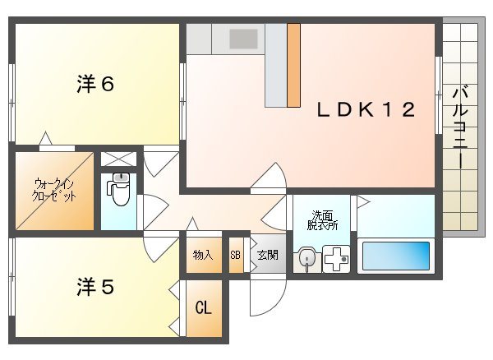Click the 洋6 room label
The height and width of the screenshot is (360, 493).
click(94, 84)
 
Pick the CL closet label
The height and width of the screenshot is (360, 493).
click(203, 308)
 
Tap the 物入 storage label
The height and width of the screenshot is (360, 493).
click(203, 255)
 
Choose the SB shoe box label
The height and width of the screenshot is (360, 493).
click(235, 255)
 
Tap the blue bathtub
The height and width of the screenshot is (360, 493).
click(397, 256)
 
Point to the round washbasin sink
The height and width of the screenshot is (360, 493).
click(307, 259)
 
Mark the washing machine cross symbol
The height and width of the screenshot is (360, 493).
click(336, 259)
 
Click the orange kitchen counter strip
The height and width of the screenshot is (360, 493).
click(293, 65)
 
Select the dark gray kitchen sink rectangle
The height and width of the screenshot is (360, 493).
click(243, 39)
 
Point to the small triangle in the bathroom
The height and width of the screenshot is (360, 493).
click(362, 201)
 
